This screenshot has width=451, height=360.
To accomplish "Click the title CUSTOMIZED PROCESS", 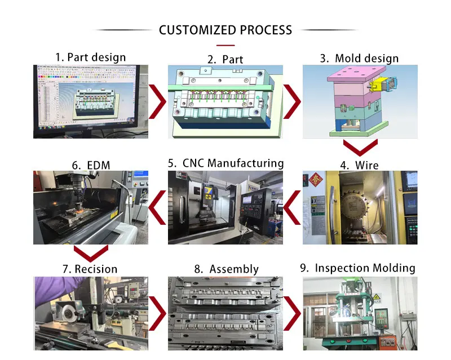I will (x=225, y=30).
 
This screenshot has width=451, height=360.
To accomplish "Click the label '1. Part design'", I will (x=90, y=57).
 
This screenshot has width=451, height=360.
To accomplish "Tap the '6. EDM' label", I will (x=90, y=165).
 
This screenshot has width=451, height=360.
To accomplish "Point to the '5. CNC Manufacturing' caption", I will (x=225, y=163).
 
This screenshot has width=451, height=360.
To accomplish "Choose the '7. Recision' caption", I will (x=90, y=269).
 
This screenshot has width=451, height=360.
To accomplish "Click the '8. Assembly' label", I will (x=225, y=269).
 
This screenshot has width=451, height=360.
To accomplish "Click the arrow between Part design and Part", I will (x=159, y=102).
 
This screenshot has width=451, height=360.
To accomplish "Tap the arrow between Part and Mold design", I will (x=292, y=102).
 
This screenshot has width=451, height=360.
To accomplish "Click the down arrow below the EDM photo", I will (x=91, y=253).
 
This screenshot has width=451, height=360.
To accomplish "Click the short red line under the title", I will (x=225, y=44).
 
